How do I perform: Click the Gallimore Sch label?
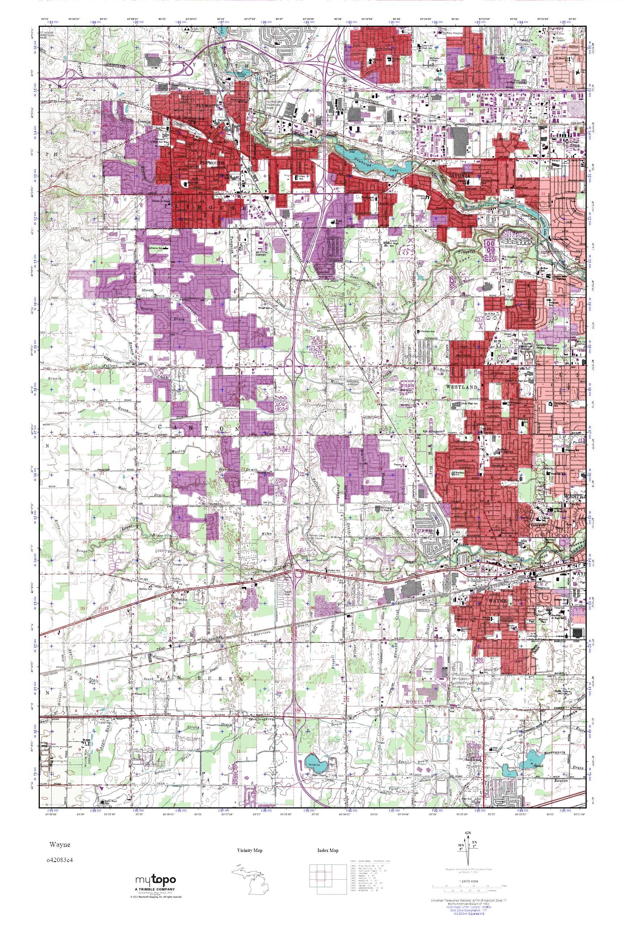pyautogui.click(x=157, y=248)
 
